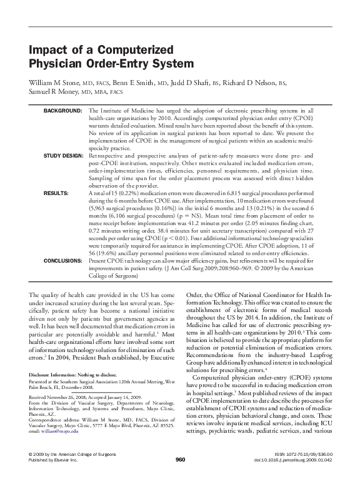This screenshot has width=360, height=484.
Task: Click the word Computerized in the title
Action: click(x=136, y=51)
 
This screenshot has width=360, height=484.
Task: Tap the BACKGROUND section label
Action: click(x=62, y=110)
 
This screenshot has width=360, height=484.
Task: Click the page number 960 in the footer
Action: click(x=180, y=460)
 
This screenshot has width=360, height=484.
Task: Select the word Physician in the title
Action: click(x=56, y=64)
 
